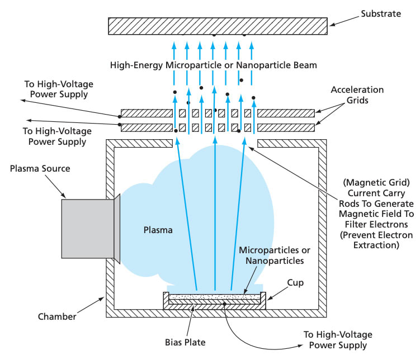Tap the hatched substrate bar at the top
(x=218, y=26)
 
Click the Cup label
(x=295, y=283)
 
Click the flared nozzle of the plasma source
(x=117, y=230)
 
